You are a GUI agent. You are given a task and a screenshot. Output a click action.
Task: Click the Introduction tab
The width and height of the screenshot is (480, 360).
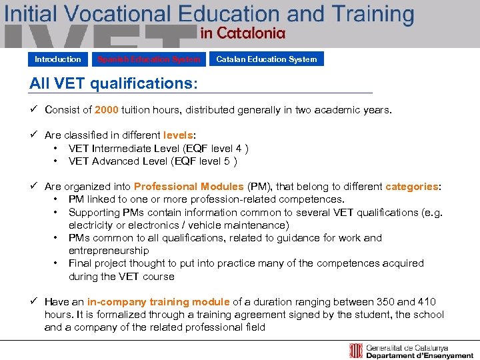58,59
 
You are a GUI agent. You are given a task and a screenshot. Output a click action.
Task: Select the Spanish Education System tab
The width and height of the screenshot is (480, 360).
149,59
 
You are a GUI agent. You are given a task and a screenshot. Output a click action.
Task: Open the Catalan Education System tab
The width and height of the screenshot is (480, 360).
266,59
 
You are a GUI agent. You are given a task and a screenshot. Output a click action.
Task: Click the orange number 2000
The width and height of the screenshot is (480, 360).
107,109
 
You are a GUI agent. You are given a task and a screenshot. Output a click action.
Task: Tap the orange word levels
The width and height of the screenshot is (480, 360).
179,135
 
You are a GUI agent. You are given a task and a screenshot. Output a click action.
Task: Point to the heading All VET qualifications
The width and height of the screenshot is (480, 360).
113,84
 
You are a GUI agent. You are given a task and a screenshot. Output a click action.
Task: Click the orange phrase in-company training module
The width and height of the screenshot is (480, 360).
159,302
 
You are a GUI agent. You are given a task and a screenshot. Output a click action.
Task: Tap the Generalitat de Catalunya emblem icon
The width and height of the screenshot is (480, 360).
357,351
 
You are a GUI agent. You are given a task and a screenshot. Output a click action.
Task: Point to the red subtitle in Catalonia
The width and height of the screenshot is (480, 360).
243,32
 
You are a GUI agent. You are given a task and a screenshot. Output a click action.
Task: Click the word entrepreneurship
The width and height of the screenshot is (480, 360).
109,251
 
